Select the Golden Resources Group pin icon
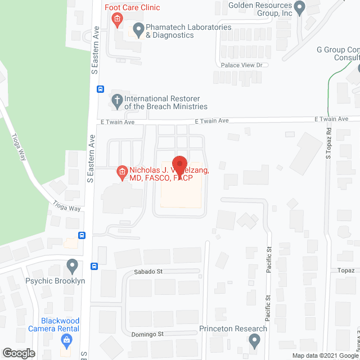tap(300, 7)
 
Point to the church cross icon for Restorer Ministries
tap(117, 102)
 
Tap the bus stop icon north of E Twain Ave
tap(100, 89)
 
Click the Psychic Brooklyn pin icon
tap(72, 264)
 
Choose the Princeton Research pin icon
tap(255, 339)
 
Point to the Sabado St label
tap(148, 271)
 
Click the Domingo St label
tap(148, 334)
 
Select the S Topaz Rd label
tap(328, 141)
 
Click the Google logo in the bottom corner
tap(19, 353)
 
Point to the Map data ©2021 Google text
tap(323, 355)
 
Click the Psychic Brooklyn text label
tap(55, 281)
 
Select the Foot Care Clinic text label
tap(132, 7)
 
